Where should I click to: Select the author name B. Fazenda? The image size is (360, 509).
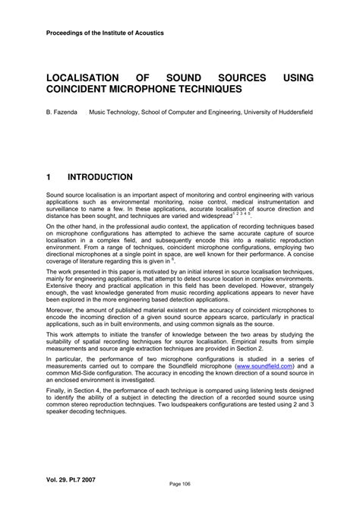click(62, 112)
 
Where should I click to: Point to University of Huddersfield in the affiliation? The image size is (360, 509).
click(273, 112)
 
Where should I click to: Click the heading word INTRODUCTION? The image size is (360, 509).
click(99, 177)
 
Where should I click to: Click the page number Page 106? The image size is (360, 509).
click(179, 483)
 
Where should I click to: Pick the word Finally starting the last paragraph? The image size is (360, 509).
click(56, 395)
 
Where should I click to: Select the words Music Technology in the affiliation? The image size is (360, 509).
click(116, 112)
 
